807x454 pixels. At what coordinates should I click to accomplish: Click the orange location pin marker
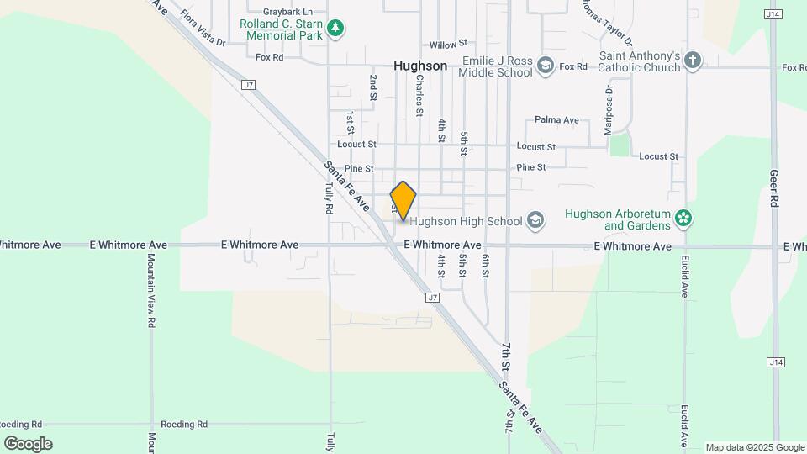click(x=403, y=201)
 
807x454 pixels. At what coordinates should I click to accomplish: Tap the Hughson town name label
click(x=420, y=65)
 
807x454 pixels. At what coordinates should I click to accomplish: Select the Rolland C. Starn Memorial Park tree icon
click(x=335, y=29)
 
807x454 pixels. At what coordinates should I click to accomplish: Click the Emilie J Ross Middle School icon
click(x=546, y=66)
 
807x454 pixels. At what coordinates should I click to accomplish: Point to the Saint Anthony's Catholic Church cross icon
click(x=692, y=61)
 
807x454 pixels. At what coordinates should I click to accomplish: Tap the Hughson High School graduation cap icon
click(x=535, y=221)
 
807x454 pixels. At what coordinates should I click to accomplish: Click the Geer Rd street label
click(x=774, y=189)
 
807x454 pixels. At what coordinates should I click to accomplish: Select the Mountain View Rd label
click(x=151, y=290)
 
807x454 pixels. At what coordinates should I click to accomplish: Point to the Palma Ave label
click(x=556, y=120)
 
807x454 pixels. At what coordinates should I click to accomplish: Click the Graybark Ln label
click(x=287, y=12)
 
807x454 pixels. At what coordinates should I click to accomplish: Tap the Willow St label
click(x=447, y=44)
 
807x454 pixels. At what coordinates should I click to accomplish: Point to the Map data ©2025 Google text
click(x=755, y=447)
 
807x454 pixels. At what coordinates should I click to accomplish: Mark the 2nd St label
click(x=372, y=87)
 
